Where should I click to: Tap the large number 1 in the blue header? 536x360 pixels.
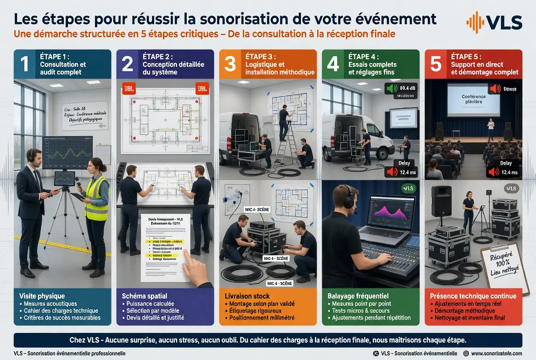tap(25, 64)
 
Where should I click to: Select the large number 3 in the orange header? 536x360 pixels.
tap(229, 65)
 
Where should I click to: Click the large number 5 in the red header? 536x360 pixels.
tap(435, 65)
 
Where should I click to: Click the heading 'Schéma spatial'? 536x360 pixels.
tap(145, 296)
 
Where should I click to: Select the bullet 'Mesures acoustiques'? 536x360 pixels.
tap(51, 304)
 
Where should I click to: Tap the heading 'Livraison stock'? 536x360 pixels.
tap(247, 296)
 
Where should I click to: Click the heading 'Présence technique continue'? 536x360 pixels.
tap(473, 296)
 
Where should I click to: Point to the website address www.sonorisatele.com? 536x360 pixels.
tap(496, 353)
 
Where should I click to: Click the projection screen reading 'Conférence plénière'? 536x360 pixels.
tap(473, 100)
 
